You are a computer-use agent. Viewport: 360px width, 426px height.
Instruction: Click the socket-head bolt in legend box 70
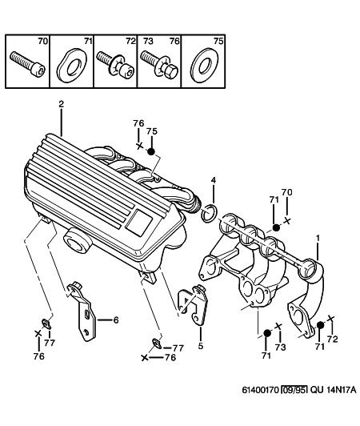pyautogui.click(x=28, y=64)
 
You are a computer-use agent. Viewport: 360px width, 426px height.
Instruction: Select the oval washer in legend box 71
pyautogui.click(x=72, y=66)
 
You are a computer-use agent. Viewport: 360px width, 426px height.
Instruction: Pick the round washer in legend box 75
pyautogui.click(x=205, y=65)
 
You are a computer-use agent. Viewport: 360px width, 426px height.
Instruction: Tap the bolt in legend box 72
pyautogui.click(x=115, y=65)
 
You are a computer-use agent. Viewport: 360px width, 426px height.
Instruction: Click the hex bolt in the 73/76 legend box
pyautogui.click(x=159, y=66)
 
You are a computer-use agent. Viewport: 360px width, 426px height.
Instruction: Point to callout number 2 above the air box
pyautogui.click(x=62, y=104)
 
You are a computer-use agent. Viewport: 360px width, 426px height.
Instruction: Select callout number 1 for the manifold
pyautogui.click(x=318, y=239)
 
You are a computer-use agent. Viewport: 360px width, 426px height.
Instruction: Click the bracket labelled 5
pyautogui.click(x=194, y=303)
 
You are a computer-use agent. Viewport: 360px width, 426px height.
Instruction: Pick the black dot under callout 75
pyautogui.click(x=151, y=151)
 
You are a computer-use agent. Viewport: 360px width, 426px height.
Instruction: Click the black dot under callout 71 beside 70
pyautogui.click(x=276, y=227)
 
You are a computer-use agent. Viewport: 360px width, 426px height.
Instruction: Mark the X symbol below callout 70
pyautogui.click(x=287, y=221)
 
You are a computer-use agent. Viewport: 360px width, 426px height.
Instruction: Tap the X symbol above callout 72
pyautogui.click(x=330, y=319)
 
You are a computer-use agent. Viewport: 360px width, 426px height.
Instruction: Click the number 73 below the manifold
pyautogui.click(x=280, y=347)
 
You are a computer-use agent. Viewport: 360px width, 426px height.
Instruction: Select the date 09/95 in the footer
pyautogui.click(x=294, y=390)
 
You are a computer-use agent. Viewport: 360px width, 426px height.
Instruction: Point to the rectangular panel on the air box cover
pyautogui.click(x=139, y=223)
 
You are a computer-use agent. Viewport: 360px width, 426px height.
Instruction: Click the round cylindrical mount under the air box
pyautogui.click(x=77, y=240)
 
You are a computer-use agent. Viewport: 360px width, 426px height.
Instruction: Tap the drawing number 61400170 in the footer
pyautogui.click(x=261, y=390)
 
